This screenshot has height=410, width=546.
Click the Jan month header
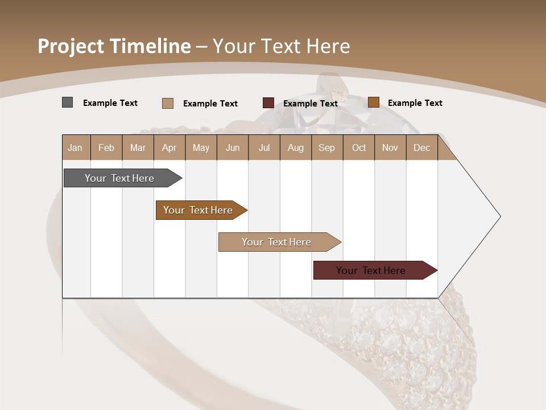(76, 147)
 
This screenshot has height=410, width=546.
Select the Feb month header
(106, 147)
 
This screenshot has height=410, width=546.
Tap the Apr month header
(169, 147)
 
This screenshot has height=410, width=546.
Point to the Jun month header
(233, 147)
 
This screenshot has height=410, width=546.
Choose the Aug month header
(295, 147)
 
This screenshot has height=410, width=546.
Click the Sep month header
(326, 147)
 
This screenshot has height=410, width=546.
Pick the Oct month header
(359, 147)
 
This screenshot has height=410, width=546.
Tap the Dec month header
(421, 147)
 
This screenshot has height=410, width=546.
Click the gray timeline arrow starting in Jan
(119, 178)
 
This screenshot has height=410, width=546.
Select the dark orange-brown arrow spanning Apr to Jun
(198, 210)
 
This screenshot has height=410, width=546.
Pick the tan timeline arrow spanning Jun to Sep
(276, 242)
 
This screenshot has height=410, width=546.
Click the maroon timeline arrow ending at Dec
(371, 270)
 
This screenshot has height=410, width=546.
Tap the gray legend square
(67, 102)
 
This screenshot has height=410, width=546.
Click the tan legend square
(167, 103)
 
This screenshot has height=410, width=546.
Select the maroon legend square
(268, 103)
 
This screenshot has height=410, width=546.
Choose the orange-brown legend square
(373, 102)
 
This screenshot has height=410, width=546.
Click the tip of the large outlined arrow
(499, 216)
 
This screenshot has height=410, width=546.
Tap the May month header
(201, 147)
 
